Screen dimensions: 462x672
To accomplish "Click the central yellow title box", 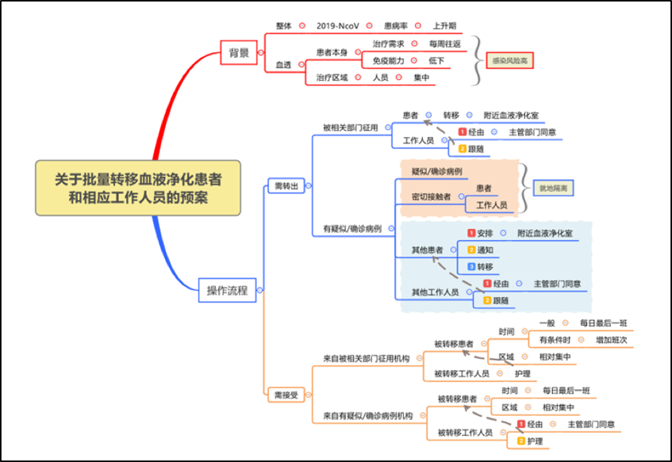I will [x=138, y=188].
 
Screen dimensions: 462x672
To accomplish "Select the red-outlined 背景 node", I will [x=239, y=53].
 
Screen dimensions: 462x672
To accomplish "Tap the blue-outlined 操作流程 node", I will [x=227, y=291].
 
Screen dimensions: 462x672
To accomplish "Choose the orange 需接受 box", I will [x=286, y=394].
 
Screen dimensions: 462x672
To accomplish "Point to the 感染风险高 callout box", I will [x=509, y=60].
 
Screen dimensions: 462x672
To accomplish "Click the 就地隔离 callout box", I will [x=553, y=188].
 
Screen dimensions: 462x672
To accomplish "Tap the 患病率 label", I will [x=397, y=25].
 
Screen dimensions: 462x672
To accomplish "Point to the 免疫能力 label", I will [x=388, y=60].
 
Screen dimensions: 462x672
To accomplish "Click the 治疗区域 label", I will [x=332, y=78].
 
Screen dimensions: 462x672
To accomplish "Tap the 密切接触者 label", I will [x=431, y=197].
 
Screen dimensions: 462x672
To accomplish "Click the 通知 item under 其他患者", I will [x=485, y=250].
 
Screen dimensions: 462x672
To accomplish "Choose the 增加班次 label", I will [x=612, y=340].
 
